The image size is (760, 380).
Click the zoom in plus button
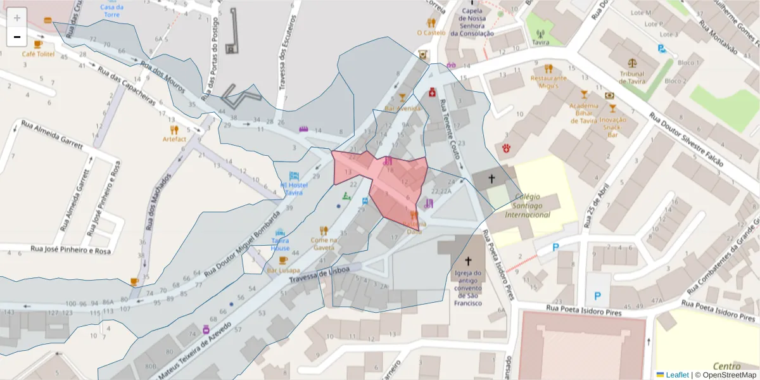[x=17, y=18]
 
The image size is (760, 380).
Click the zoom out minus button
[x=17, y=37]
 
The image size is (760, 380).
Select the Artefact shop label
[x=175, y=139]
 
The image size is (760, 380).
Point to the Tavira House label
[x=280, y=244]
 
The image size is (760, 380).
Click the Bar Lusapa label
[x=282, y=270]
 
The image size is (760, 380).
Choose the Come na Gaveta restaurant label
[x=323, y=244]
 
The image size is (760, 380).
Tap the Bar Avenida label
[x=403, y=108]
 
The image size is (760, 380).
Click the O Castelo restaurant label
[x=431, y=32]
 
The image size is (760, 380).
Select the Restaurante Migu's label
[x=548, y=82]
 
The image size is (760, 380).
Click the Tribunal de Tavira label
[x=632, y=77]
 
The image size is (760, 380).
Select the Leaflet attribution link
[x=677, y=375]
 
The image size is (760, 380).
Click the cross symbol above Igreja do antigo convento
[x=469, y=260]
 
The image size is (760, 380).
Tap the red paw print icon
[x=507, y=148]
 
